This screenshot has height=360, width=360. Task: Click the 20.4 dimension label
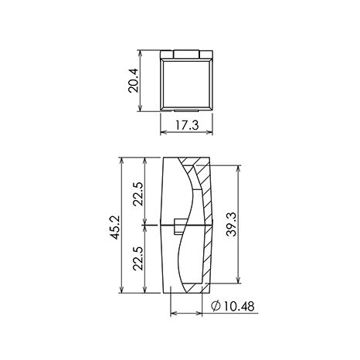(x=134, y=80)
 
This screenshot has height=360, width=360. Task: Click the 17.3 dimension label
(x=187, y=125)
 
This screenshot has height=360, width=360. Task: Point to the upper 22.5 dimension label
(x=138, y=194)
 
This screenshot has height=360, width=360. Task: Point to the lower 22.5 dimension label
(x=138, y=258)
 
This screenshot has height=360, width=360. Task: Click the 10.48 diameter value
(x=239, y=307)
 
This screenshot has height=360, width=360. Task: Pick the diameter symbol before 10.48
(x=216, y=306)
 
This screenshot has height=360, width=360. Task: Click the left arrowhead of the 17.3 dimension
(x=164, y=132)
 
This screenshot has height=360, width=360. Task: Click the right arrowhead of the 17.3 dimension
(x=209, y=132)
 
